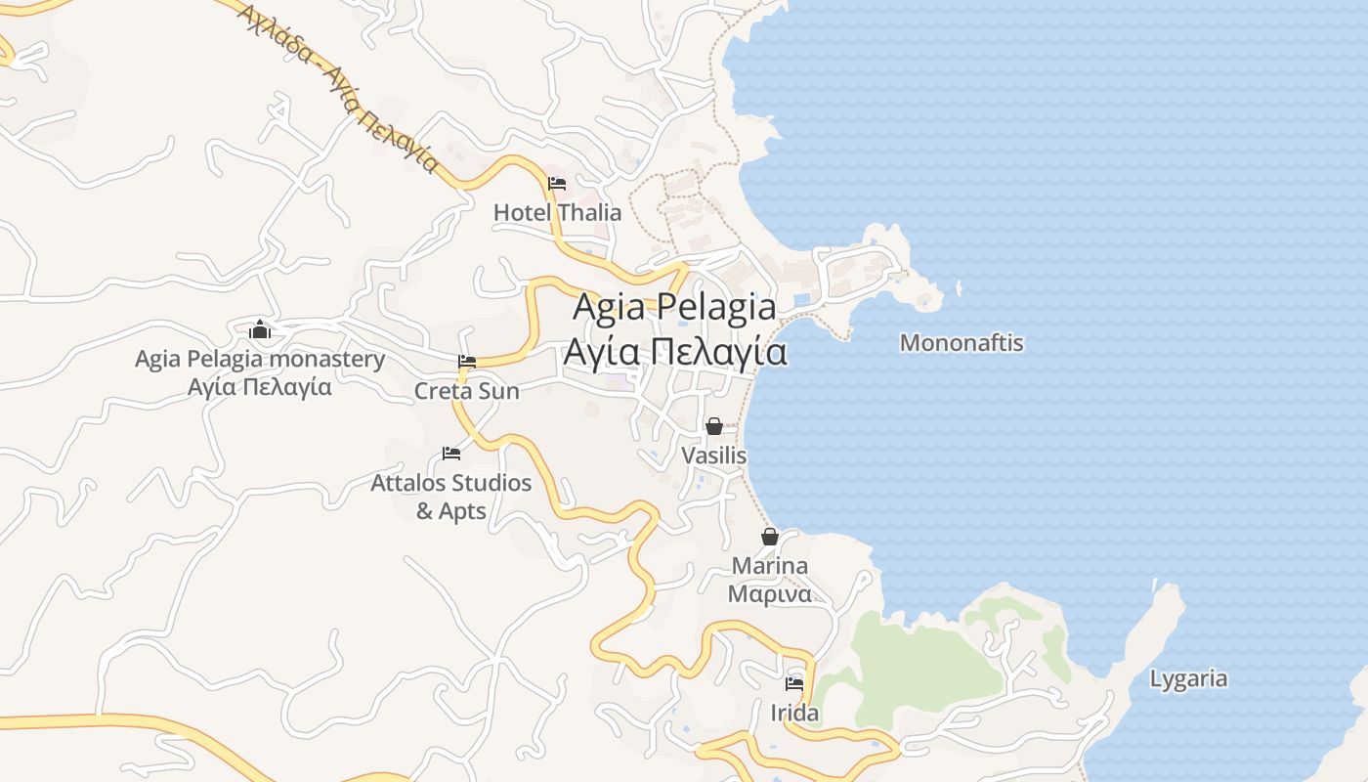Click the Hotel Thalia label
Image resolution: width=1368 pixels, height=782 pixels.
click(x=557, y=212)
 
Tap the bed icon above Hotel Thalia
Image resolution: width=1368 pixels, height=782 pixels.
click(x=557, y=183)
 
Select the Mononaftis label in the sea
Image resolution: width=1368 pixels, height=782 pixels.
click(x=962, y=343)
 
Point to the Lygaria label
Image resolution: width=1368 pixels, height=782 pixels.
click(x=1188, y=679)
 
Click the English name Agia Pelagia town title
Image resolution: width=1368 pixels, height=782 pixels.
click(x=674, y=307)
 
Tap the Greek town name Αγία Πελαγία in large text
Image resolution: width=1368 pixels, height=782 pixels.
click(x=674, y=351)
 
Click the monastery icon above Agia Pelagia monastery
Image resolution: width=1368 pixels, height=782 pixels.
click(x=260, y=329)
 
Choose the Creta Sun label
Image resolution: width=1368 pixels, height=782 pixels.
click(x=467, y=391)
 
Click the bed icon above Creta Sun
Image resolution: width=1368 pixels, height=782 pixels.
click(x=467, y=362)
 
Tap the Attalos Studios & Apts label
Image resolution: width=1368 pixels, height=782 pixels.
click(x=451, y=497)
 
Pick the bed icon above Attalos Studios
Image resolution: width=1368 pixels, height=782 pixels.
click(x=451, y=454)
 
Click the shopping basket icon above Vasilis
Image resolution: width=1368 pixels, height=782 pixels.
click(x=714, y=426)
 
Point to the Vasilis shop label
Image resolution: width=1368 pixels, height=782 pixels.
click(x=714, y=456)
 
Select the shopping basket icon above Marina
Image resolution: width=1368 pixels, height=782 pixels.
click(x=770, y=537)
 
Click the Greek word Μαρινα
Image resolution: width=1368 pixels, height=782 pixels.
click(x=770, y=594)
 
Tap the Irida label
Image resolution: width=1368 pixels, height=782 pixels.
click(x=794, y=714)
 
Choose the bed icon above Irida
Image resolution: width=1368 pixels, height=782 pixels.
click(x=794, y=684)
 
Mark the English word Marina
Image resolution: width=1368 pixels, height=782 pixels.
click(x=770, y=566)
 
